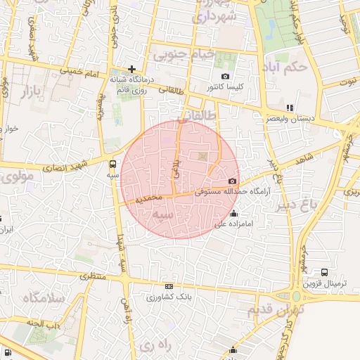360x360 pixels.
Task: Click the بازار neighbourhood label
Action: point(32,91)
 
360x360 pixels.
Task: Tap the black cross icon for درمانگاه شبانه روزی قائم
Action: point(131,69)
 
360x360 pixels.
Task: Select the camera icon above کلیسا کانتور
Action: point(225,76)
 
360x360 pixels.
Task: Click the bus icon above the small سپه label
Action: point(114,165)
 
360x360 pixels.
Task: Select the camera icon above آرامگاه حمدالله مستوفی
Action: point(233,181)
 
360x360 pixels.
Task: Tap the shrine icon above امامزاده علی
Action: point(234,214)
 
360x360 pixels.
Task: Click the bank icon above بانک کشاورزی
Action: point(169,286)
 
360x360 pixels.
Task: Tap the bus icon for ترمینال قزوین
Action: point(324,272)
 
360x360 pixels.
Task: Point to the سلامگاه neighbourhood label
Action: point(44,298)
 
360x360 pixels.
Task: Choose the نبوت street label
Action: point(347,82)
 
